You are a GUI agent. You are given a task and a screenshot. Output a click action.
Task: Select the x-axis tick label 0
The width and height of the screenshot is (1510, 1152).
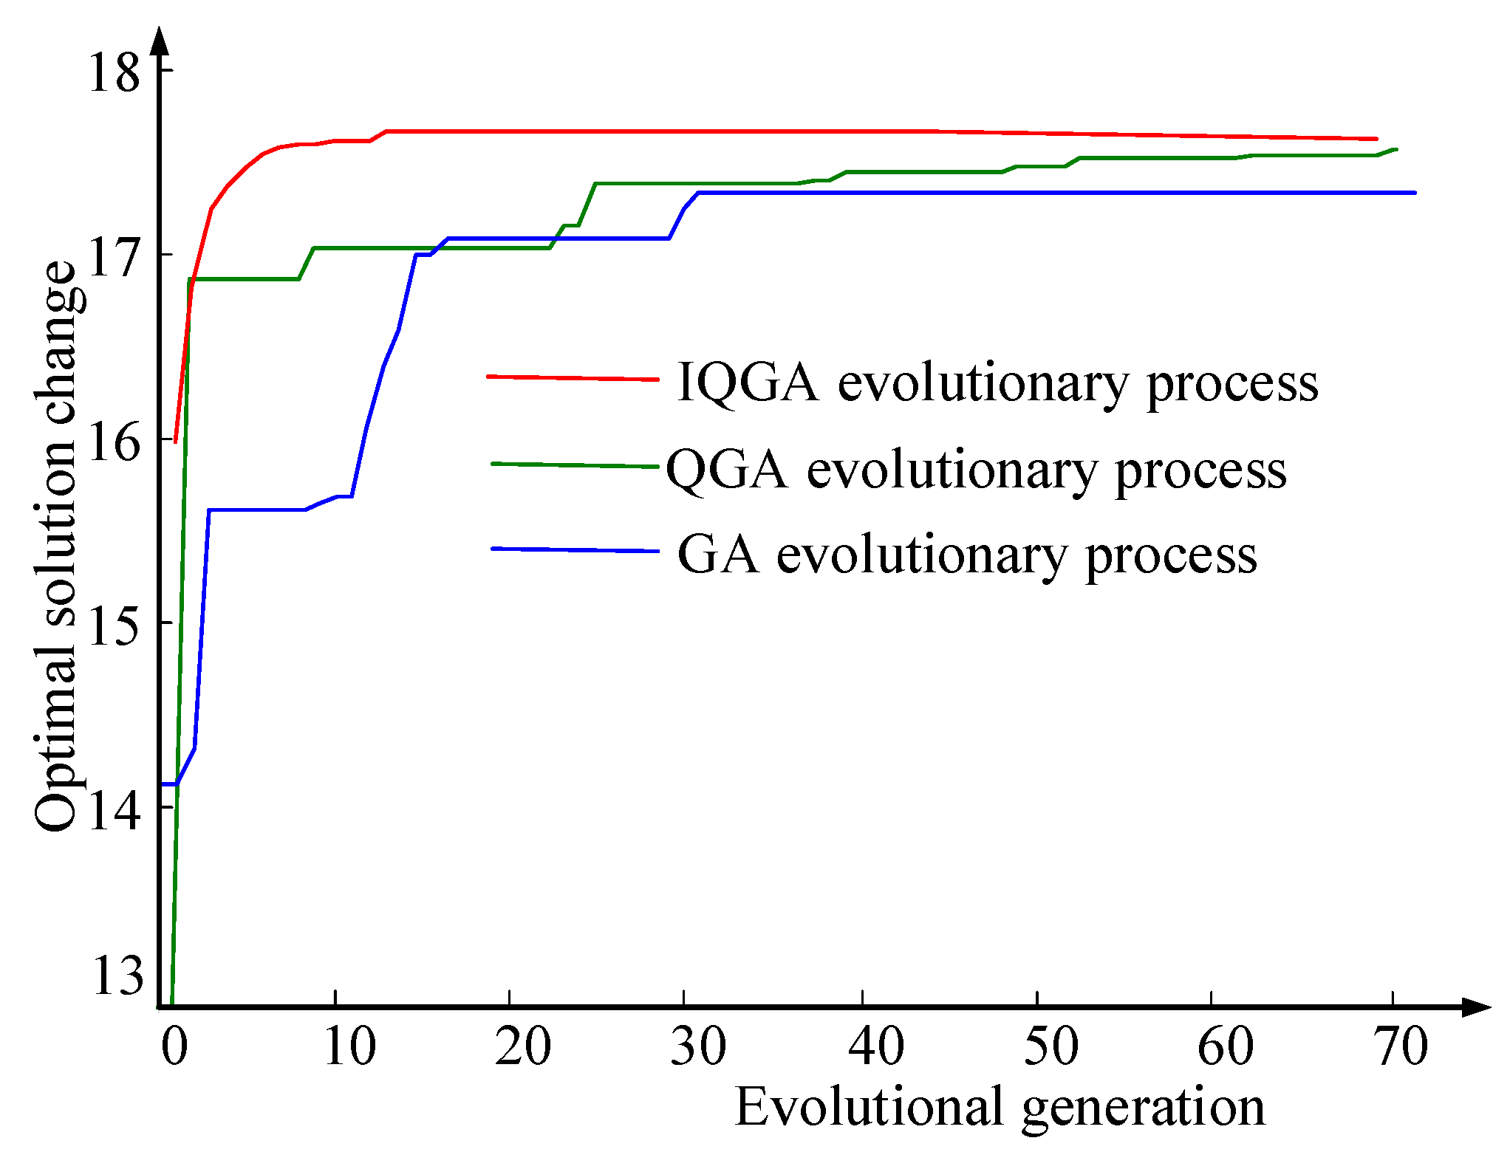(174, 1046)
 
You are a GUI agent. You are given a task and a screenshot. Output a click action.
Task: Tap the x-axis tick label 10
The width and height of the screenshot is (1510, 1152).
(349, 1046)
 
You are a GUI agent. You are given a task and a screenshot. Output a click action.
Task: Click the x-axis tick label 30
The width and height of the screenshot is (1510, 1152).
(698, 1046)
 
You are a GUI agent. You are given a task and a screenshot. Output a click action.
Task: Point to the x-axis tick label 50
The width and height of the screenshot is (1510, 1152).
(1050, 1046)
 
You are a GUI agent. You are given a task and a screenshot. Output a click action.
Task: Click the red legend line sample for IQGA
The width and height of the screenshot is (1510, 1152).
(573, 378)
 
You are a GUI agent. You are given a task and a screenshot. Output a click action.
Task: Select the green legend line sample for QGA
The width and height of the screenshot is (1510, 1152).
(574, 465)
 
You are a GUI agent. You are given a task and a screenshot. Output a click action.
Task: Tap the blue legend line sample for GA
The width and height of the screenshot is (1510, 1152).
(574, 550)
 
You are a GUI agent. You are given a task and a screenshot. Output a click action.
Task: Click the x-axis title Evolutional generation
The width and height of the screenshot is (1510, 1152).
(1000, 1108)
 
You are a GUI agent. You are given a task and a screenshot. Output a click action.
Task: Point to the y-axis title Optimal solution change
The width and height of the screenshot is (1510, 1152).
(56, 546)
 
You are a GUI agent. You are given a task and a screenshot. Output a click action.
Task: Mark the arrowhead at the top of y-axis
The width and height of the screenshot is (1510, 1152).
(160, 41)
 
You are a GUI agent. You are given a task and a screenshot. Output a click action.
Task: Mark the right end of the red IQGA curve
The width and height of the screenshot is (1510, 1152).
(1376, 139)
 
